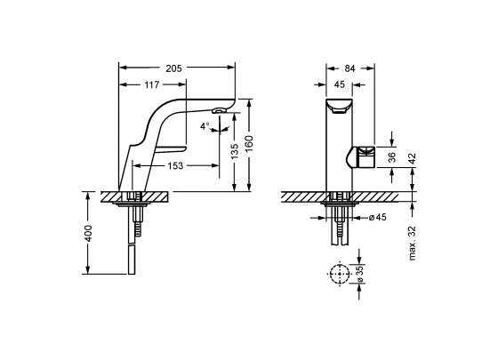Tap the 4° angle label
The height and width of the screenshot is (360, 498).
coord(205,126)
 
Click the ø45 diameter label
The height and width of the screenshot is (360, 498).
coord(373,216)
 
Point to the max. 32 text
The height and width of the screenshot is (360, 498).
coord(413,243)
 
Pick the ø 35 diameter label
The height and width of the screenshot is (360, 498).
coord(361,276)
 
